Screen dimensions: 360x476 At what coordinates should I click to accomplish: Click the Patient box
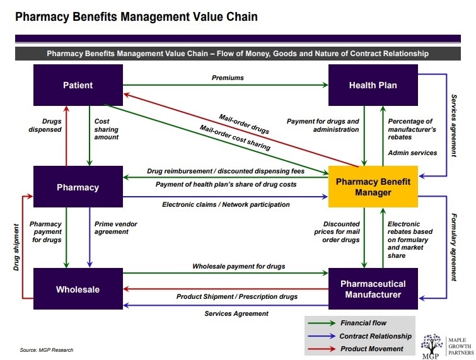[x=78, y=85]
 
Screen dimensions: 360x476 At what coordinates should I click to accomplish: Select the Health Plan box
[x=373, y=85]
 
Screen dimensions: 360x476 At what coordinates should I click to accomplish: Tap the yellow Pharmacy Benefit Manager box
[x=373, y=187]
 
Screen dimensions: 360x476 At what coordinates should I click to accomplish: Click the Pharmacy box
[x=78, y=187]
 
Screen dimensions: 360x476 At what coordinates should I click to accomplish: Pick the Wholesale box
[x=78, y=289]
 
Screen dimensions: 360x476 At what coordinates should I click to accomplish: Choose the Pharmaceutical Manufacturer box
[x=373, y=289]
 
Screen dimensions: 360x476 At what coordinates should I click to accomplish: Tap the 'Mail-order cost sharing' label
[x=235, y=138]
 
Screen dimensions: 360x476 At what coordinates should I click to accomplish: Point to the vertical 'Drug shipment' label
[x=18, y=246]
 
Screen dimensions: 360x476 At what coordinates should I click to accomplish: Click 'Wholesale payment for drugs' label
[x=238, y=266]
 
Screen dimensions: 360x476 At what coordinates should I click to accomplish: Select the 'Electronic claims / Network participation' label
[x=226, y=205]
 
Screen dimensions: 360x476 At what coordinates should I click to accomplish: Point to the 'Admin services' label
[x=412, y=153]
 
